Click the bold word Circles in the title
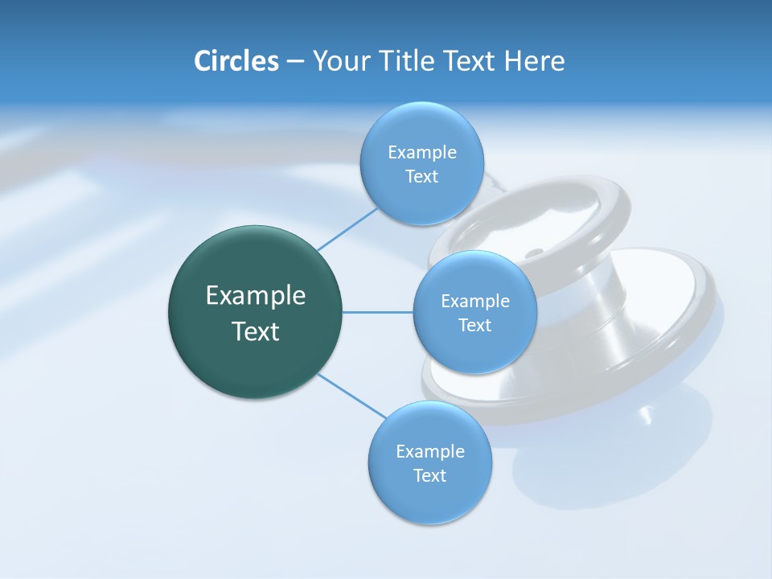(x=236, y=61)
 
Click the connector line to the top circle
(x=347, y=228)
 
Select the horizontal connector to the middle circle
(x=378, y=312)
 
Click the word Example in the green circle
(x=256, y=296)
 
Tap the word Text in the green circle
(x=256, y=331)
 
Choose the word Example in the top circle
(x=421, y=153)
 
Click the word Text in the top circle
(x=421, y=177)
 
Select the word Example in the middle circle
(x=474, y=302)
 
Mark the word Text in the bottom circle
(x=429, y=476)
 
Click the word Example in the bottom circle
(x=429, y=452)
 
